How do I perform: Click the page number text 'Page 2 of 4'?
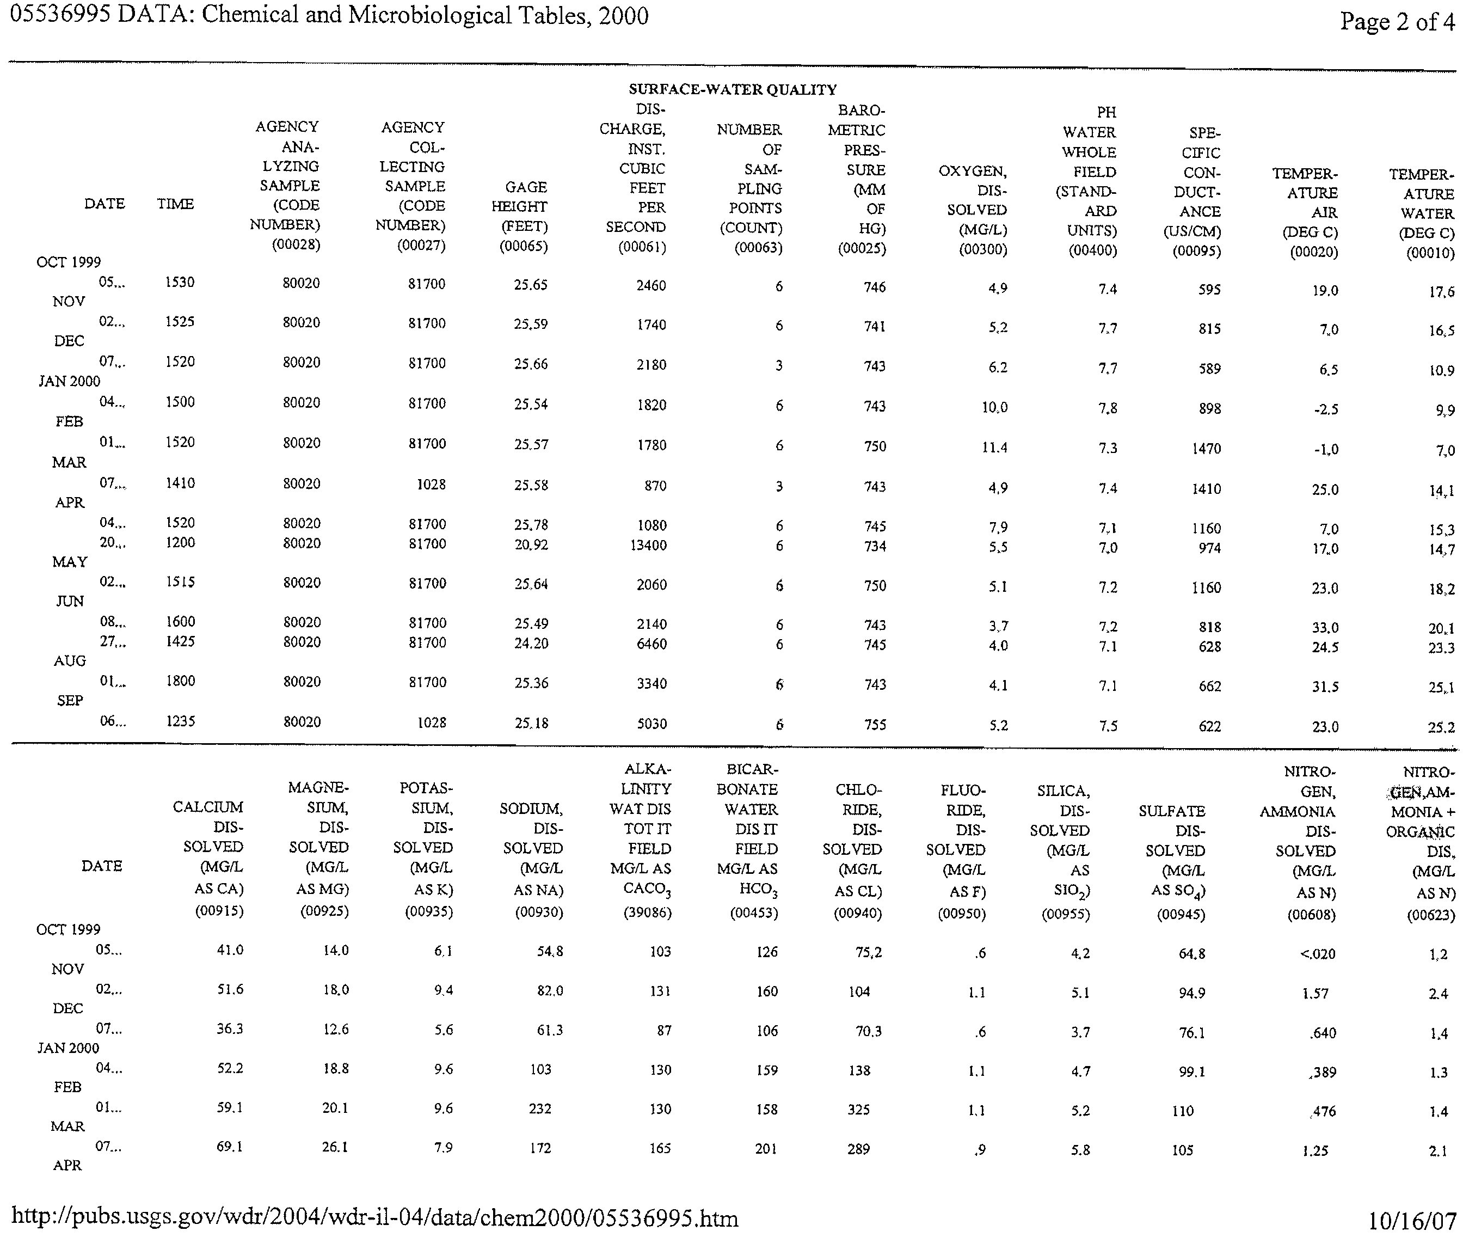pyautogui.click(x=1397, y=22)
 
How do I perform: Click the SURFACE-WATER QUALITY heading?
pyautogui.click(x=733, y=89)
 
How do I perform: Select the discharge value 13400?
pyautogui.click(x=648, y=545)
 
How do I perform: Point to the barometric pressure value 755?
pyautogui.click(x=875, y=724)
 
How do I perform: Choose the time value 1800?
pyautogui.click(x=180, y=681)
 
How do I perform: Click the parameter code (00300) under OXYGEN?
pyautogui.click(x=983, y=250)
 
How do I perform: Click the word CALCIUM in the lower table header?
pyautogui.click(x=208, y=807)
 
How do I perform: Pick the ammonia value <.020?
pyautogui.click(x=1317, y=954)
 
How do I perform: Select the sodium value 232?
pyautogui.click(x=540, y=1109)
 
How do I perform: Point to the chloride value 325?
pyautogui.click(x=859, y=1110)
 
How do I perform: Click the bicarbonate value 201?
pyautogui.click(x=766, y=1149)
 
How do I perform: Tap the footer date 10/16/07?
pyautogui.click(x=1411, y=1221)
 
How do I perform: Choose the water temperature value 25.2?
pyautogui.click(x=1441, y=728)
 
